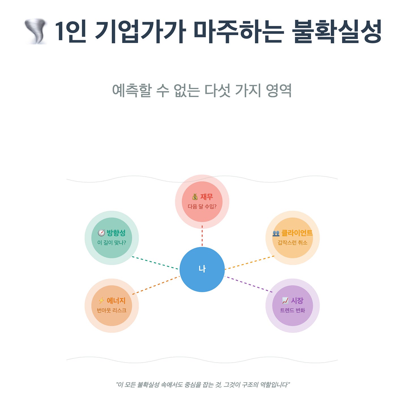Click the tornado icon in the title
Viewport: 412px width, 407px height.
click(36, 31)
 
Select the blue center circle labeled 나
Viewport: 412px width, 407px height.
click(202, 269)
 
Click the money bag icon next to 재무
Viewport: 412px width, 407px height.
click(195, 197)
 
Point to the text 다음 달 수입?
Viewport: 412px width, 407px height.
click(202, 207)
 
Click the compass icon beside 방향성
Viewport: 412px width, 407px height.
click(101, 233)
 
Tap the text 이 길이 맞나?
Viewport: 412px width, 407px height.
click(111, 243)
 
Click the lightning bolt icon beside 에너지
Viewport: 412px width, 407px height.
click(101, 300)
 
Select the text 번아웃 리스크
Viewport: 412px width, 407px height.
click(111, 311)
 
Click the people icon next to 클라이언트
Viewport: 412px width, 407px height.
click(276, 233)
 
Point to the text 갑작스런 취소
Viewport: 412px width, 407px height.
click(292, 243)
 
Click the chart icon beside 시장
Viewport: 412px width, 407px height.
click(285, 300)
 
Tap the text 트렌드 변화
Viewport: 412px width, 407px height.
click(292, 311)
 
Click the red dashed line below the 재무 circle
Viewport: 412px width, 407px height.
click(202, 236)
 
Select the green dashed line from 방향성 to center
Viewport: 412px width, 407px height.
click(155, 263)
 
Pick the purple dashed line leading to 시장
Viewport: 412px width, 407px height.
click(248, 284)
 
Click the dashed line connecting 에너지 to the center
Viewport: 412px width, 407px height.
click(156, 285)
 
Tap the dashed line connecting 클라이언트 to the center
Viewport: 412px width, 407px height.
click(249, 263)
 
